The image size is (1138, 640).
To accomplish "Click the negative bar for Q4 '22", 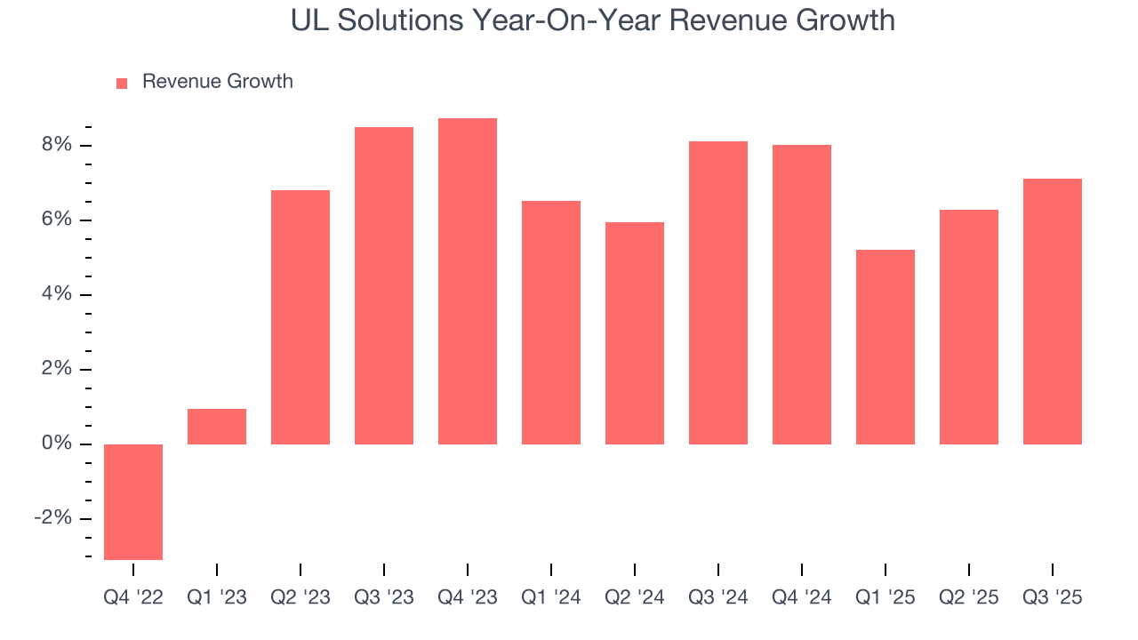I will click(x=133, y=501).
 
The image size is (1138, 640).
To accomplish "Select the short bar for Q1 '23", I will click(x=217, y=427).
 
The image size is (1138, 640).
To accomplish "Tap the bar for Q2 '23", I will click(x=301, y=317).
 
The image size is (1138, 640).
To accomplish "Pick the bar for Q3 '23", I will click(x=384, y=285).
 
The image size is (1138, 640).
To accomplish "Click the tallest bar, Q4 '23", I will click(x=468, y=281).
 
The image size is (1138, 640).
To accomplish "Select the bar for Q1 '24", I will click(x=551, y=323).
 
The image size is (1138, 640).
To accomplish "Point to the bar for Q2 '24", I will click(x=635, y=333).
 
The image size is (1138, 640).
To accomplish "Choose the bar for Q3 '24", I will click(x=718, y=292).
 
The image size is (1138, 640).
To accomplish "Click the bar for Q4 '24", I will click(x=802, y=294).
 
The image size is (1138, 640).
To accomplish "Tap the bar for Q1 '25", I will click(x=886, y=347).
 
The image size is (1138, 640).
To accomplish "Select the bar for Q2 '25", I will click(x=969, y=327).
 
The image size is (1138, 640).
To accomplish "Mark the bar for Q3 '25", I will click(x=1053, y=311).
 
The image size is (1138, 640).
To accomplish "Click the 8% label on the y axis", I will click(x=55, y=145).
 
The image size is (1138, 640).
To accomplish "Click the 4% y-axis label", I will click(x=55, y=294).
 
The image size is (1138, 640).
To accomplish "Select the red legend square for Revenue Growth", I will click(x=122, y=83).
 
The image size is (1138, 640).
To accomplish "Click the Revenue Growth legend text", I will click(x=217, y=82).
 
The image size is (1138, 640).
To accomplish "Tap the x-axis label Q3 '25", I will click(x=1053, y=598).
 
